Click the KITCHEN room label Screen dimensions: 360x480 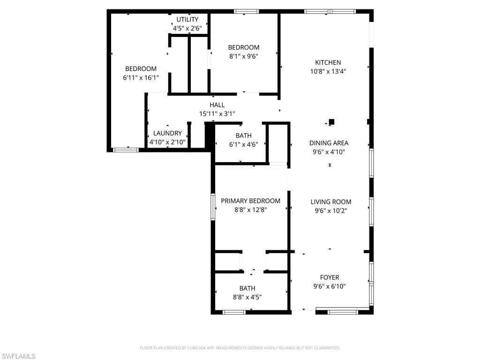click(x=328, y=62)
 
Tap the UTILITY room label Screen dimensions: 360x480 click(x=187, y=19)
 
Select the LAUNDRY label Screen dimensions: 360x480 click(x=167, y=133)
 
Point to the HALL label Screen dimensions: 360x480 click(x=217, y=105)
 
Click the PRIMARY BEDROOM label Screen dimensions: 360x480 click(x=250, y=201)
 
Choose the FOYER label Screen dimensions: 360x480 click(x=330, y=277)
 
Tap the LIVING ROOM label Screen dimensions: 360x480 click(x=330, y=202)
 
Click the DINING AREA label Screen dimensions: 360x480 click(x=329, y=143)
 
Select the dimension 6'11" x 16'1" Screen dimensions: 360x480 click(x=141, y=78)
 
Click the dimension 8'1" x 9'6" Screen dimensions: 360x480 click(x=244, y=56)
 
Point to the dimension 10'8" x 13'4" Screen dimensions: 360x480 click(x=328, y=71)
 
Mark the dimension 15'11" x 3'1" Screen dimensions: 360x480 click(x=217, y=113)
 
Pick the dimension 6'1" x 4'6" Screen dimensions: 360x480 click(x=243, y=144)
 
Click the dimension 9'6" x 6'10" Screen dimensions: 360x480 click(x=330, y=286)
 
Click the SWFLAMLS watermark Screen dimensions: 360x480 click(x=19, y=356)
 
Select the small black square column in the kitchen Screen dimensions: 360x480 click(x=331, y=122)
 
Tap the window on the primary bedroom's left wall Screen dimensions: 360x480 click(x=212, y=207)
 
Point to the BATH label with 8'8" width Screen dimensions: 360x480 click(x=247, y=288)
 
